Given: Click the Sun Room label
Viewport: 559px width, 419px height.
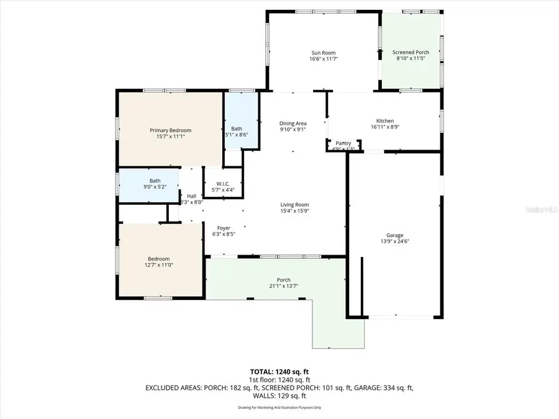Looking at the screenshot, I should coord(323,53).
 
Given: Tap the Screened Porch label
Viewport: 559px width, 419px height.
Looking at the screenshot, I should coord(411,53).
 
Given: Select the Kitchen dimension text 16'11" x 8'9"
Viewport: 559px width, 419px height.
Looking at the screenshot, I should coord(385,128).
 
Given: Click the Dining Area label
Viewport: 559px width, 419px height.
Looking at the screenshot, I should coord(293,123).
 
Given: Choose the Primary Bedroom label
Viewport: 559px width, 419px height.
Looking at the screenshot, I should coord(170,130).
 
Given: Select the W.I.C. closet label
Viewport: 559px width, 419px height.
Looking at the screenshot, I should coord(223,183).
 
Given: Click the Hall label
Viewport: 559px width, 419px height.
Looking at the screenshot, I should coord(191,196).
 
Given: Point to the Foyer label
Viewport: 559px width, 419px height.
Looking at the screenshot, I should coord(224,228).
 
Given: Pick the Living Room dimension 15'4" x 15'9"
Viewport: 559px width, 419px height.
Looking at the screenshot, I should coord(294,211).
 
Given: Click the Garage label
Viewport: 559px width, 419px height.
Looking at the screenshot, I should coord(395,235).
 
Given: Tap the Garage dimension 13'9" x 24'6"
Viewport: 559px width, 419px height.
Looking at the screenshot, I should coord(395,242).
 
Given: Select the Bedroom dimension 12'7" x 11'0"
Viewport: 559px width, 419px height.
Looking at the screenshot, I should coord(158,266).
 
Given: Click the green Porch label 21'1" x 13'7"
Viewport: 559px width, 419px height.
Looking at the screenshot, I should coord(283,283).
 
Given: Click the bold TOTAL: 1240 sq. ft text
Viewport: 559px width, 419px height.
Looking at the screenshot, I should coord(279,371).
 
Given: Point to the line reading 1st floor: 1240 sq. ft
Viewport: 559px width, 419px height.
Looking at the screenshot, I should coord(279,379).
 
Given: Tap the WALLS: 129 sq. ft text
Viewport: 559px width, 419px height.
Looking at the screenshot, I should coord(279,395).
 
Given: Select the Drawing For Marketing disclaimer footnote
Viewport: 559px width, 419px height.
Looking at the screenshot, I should coord(279,408).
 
